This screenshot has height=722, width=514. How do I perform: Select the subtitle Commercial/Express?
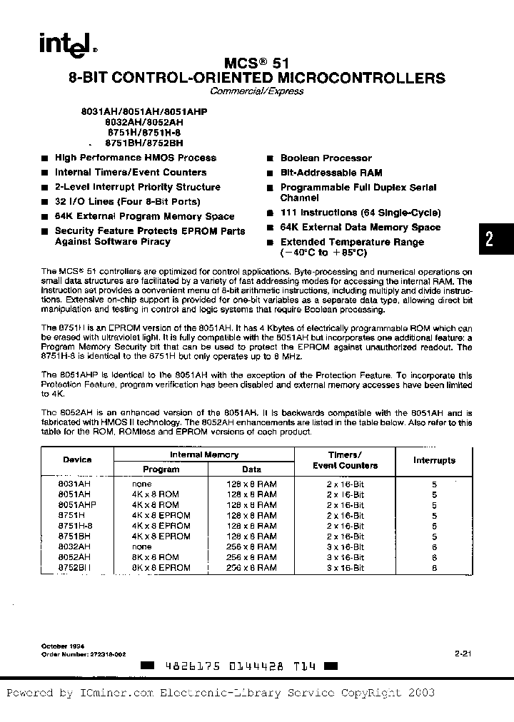(x=257, y=91)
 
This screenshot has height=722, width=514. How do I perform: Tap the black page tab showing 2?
(x=490, y=238)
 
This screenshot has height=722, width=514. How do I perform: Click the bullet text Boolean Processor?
(x=326, y=158)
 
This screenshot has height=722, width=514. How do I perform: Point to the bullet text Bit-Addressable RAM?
(x=331, y=173)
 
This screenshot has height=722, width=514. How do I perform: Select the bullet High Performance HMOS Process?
(x=135, y=158)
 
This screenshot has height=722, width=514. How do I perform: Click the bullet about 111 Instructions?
(x=360, y=213)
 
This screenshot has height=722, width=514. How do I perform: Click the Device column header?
(x=77, y=459)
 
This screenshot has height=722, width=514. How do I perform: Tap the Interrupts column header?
(x=434, y=460)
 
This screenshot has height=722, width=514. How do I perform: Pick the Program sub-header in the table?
(x=161, y=469)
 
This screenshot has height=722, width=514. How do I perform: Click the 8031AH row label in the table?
(x=74, y=484)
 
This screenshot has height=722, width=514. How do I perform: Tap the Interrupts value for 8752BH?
(x=434, y=568)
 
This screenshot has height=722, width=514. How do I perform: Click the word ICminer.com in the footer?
(x=116, y=693)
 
